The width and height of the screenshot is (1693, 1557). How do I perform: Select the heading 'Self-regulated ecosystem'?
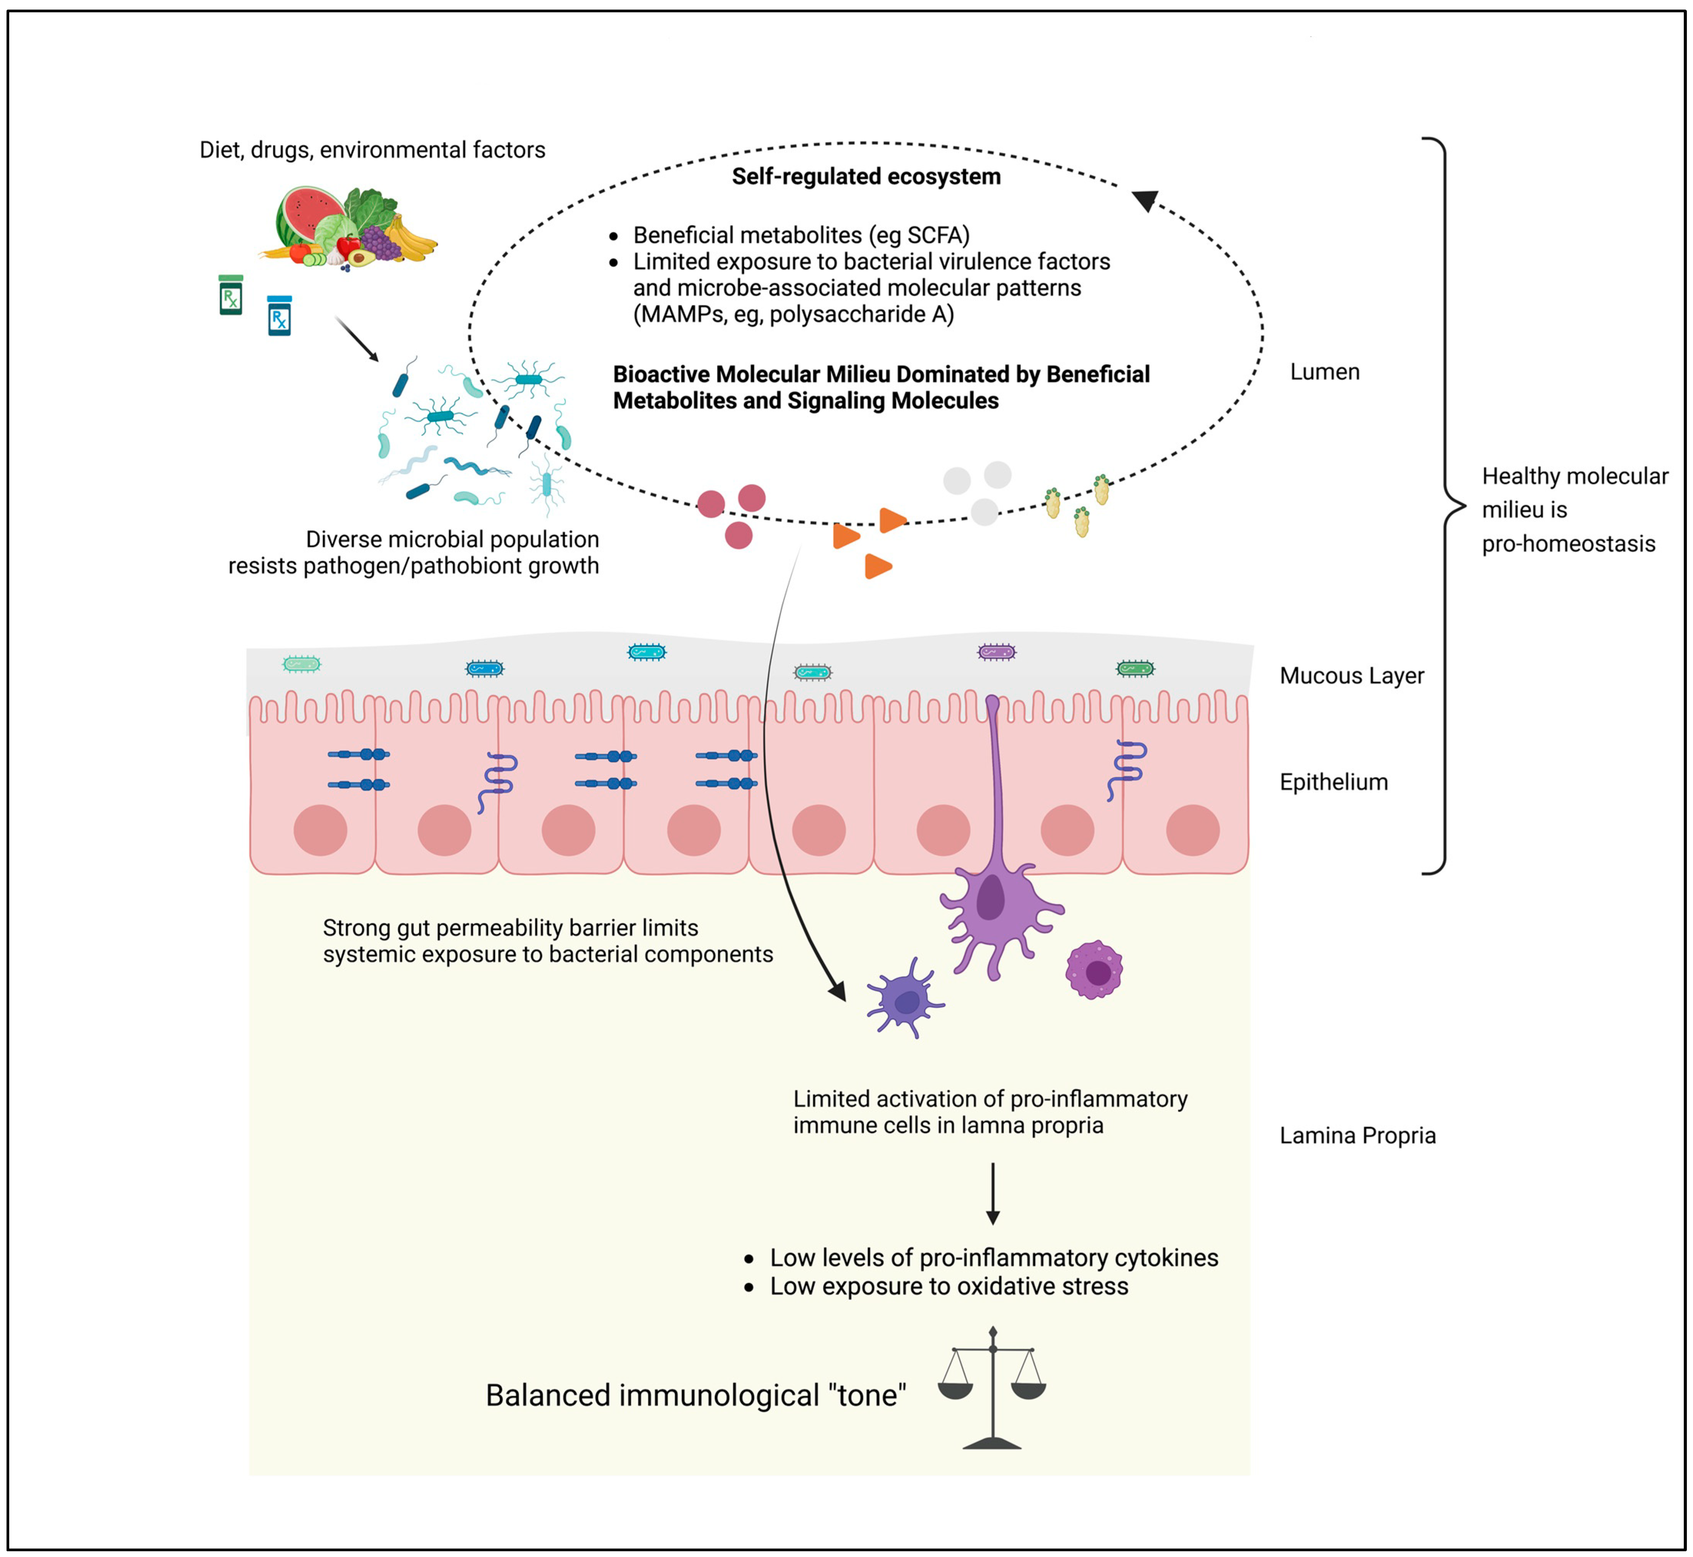866,177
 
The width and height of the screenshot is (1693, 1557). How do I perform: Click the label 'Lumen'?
1324,371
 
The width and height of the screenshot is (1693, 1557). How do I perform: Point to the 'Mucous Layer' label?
1351,676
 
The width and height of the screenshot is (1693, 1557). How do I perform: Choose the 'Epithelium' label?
1334,782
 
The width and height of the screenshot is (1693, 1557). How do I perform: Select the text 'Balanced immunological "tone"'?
696,1395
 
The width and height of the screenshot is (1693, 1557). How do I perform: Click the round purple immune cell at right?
1094,970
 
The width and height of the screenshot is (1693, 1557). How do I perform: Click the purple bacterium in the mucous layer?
996,651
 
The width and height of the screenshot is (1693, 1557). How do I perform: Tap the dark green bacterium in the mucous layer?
1135,669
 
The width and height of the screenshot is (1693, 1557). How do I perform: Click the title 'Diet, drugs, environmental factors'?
372,150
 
